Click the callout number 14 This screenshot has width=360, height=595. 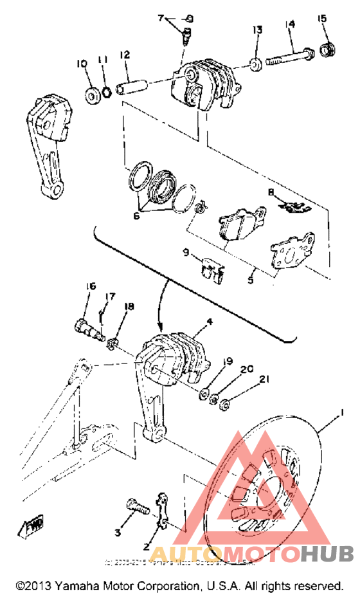(x=291, y=24)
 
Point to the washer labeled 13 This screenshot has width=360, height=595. (x=255, y=64)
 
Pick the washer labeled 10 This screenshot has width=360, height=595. (x=93, y=96)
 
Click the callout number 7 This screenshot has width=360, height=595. (x=161, y=17)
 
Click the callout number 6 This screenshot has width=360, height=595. (x=136, y=216)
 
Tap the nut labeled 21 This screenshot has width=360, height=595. (x=226, y=405)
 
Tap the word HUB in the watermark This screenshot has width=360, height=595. (x=326, y=553)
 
